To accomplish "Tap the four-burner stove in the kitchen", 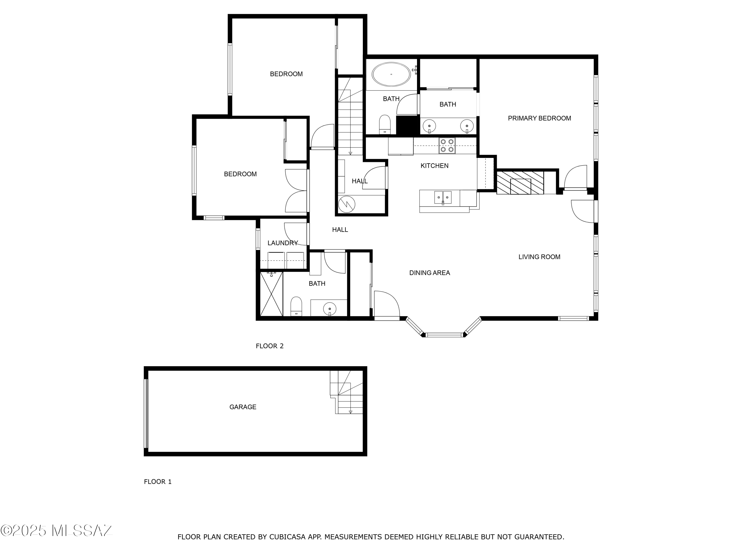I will [447, 146].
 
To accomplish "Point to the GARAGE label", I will [243, 407].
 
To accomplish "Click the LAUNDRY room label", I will [282, 243].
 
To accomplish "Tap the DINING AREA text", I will [429, 273].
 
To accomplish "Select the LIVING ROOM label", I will [539, 257].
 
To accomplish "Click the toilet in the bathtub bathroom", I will [385, 124].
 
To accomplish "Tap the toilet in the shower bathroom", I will [296, 306].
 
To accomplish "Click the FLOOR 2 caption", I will [269, 346].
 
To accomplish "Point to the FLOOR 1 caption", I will [158, 482].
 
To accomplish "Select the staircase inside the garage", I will [349, 392].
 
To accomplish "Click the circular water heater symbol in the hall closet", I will [347, 204].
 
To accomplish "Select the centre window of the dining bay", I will [444, 335].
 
